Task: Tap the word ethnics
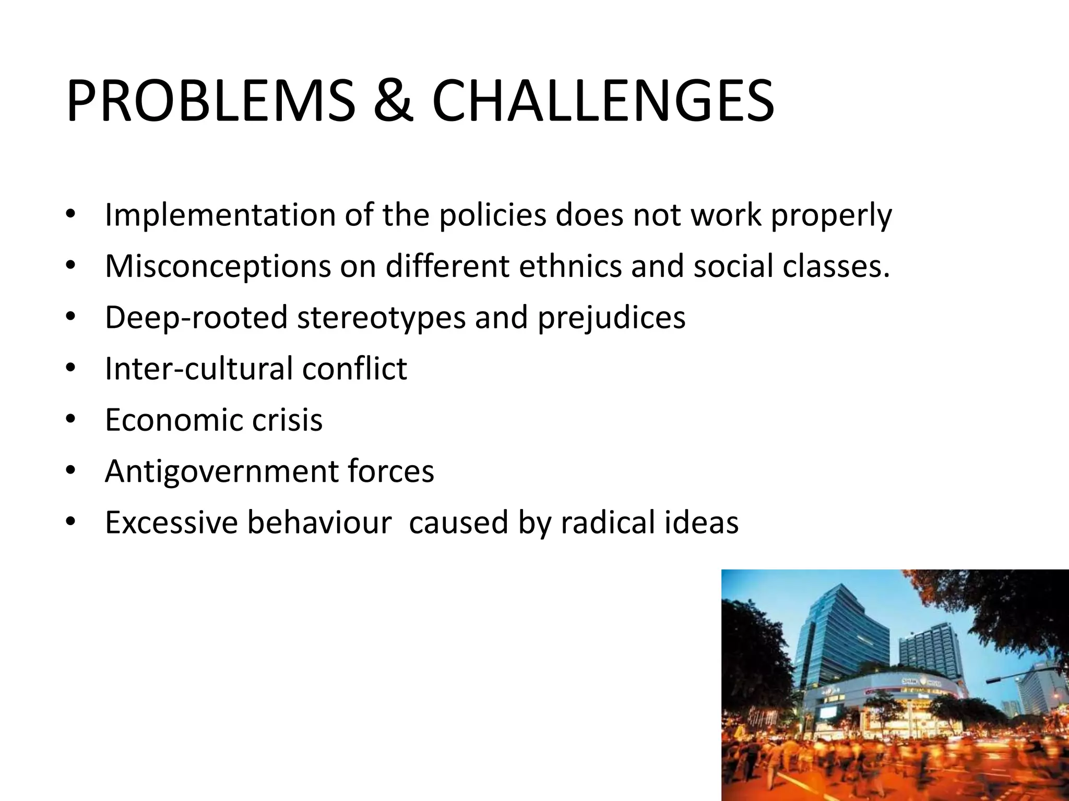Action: (x=570, y=266)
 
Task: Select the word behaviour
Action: (x=319, y=523)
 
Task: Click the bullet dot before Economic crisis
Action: (x=71, y=419)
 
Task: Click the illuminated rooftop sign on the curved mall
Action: (x=921, y=682)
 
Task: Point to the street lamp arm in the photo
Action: (x=1015, y=676)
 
